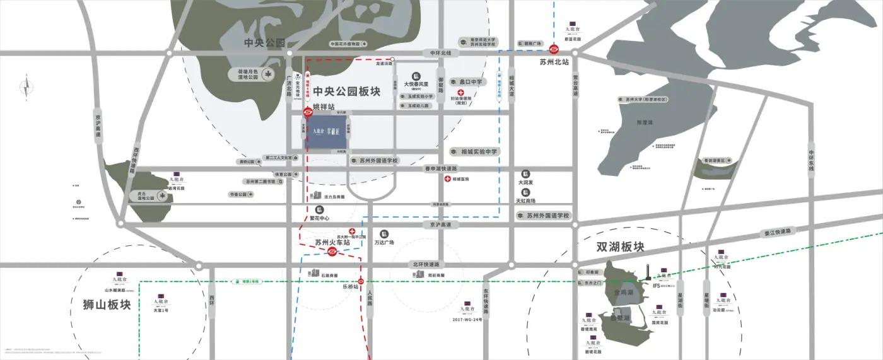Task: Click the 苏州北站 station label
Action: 554,62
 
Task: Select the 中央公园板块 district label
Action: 346,91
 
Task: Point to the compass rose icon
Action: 26,90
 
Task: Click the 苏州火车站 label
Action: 332,242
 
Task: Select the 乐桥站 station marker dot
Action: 361,281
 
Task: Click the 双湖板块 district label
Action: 621,247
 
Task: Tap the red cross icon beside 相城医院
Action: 447,179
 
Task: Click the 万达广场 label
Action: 383,242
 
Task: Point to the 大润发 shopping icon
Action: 525,174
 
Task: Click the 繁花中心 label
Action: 320,219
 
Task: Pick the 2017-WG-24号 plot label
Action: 467,320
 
